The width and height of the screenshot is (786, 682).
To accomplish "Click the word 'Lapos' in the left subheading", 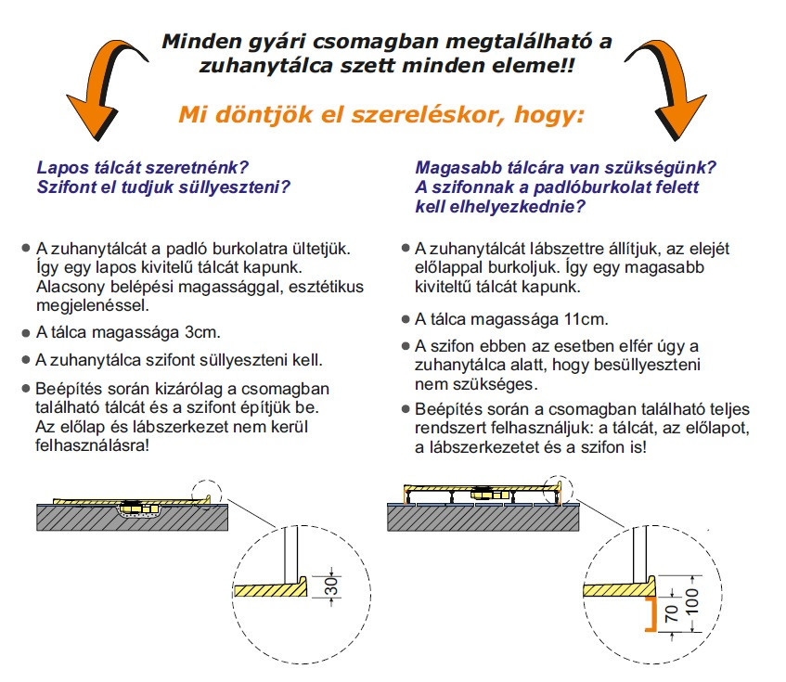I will click(x=59, y=169).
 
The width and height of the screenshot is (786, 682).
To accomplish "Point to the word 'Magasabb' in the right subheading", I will click(x=454, y=169).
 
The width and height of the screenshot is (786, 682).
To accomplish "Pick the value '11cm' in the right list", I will click(x=578, y=319).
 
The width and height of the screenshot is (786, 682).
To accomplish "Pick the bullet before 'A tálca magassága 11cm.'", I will click(x=405, y=319).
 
